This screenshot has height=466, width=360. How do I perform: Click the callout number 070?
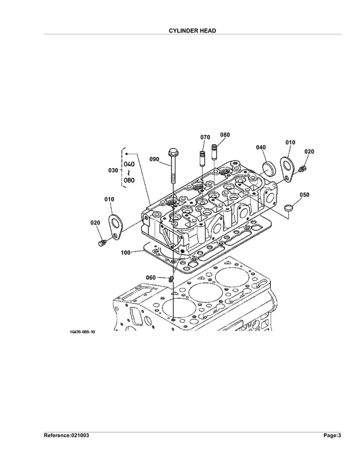205,137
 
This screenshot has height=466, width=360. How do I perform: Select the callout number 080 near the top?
225,135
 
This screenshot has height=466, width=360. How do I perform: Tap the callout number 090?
154,159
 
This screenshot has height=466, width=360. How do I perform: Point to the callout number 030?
112,169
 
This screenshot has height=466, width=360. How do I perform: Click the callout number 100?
125,252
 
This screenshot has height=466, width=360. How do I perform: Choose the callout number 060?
151,278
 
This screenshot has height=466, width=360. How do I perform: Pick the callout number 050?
304,195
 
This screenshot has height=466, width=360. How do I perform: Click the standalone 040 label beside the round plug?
261,147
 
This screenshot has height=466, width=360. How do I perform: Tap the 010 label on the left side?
109,199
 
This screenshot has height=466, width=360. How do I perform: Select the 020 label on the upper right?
309,152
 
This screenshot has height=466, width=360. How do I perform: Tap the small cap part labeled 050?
289,207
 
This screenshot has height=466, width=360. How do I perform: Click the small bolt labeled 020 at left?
102,243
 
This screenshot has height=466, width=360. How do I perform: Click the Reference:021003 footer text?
67,436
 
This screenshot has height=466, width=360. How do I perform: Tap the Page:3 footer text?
331,436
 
